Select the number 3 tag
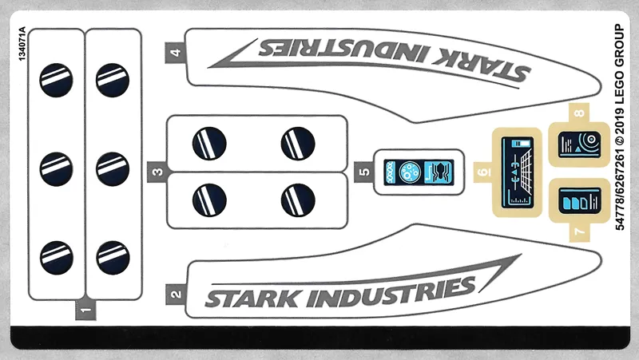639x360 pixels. [x=157, y=171]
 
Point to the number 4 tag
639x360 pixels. [x=175, y=53]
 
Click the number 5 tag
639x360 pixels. [x=363, y=171]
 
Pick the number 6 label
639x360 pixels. [x=481, y=172]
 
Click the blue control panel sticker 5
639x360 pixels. [x=419, y=172]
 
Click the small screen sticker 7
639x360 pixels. [x=577, y=200]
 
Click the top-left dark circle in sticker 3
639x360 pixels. [x=209, y=144]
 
